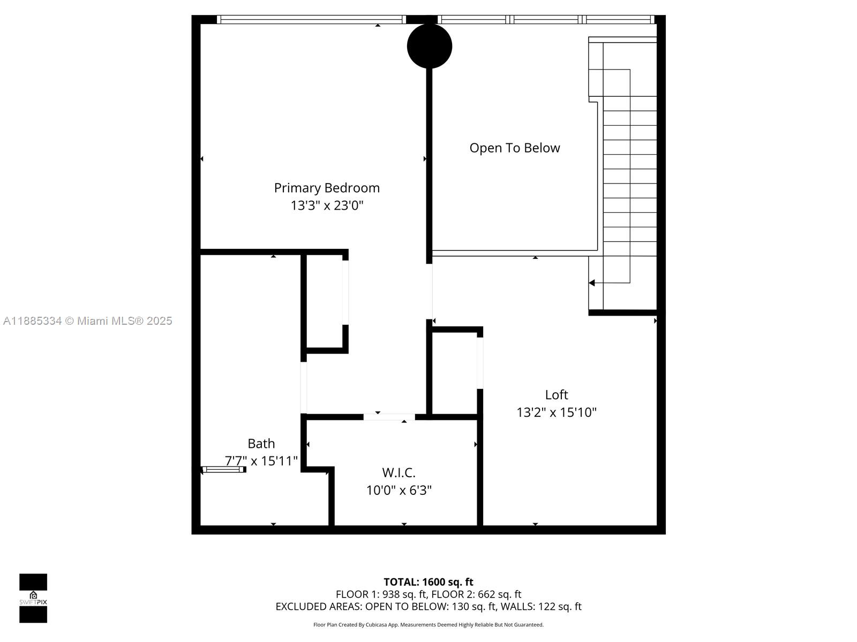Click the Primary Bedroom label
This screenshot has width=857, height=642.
pyautogui.click(x=327, y=188)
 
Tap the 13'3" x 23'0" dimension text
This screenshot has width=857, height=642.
pyautogui.click(x=327, y=205)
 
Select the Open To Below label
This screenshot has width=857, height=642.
pyautogui.click(x=515, y=148)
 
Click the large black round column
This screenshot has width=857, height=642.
pyautogui.click(x=429, y=46)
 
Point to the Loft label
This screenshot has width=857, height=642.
pyautogui.click(x=557, y=395)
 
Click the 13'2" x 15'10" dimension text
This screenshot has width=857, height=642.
pyautogui.click(x=557, y=412)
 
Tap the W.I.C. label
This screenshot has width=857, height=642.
pyautogui.click(x=399, y=473)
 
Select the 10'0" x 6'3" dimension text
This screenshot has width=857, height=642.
pyautogui.click(x=399, y=490)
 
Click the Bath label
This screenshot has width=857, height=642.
pyautogui.click(x=261, y=444)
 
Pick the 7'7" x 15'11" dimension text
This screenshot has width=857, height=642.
pyautogui.click(x=261, y=461)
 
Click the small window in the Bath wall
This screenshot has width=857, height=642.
pyautogui.click(x=223, y=470)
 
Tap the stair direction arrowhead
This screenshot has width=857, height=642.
pyautogui.click(x=592, y=283)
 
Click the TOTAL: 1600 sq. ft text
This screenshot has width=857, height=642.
pyautogui.click(x=428, y=582)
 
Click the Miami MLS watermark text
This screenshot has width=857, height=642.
pyautogui.click(x=88, y=321)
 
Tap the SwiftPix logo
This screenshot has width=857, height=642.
pyautogui.click(x=33, y=598)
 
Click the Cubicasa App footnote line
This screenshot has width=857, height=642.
pyautogui.click(x=428, y=625)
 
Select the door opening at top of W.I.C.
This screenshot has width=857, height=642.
pyautogui.click(x=389, y=417)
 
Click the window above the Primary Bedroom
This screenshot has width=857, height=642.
pyautogui.click(x=311, y=20)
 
